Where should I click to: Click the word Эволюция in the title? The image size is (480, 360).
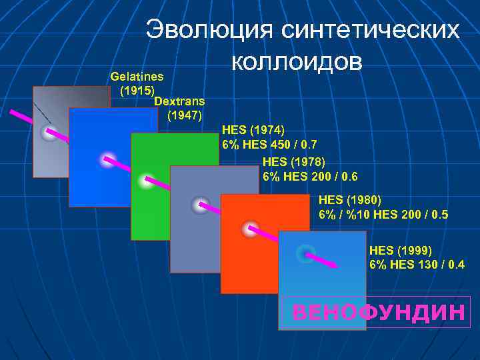(x=210, y=30)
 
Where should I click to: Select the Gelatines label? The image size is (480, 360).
(x=137, y=77)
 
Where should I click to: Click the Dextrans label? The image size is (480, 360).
(x=179, y=101)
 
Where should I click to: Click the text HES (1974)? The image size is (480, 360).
(x=253, y=129)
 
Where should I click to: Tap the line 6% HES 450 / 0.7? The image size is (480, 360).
(x=269, y=144)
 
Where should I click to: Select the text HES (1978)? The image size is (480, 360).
(x=294, y=162)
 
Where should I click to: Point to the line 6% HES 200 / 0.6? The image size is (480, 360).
(x=311, y=177)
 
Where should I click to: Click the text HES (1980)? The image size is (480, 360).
(x=350, y=199)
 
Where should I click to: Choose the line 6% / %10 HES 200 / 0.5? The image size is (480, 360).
(x=384, y=215)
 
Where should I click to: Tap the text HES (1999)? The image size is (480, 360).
(x=401, y=251)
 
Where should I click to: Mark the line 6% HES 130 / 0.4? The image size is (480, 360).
(x=417, y=265)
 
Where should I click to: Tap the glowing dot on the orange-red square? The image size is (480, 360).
(x=250, y=229)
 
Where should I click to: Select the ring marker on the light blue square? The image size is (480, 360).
(x=305, y=253)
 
